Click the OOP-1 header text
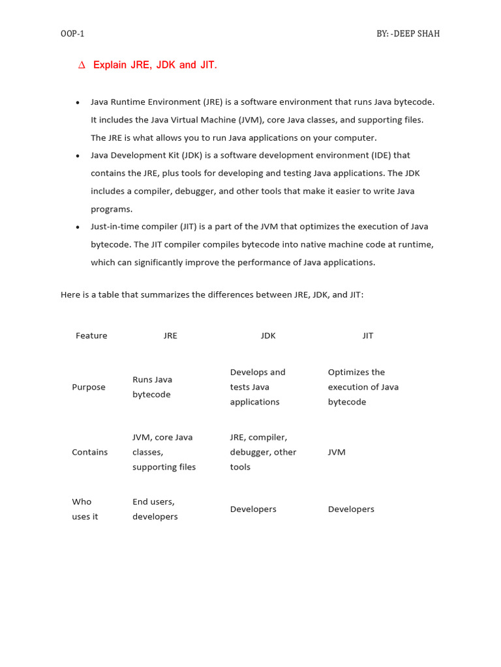[72, 34]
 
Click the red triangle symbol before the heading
[82, 65]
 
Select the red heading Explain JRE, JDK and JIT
[155, 65]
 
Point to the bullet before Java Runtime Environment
[78, 103]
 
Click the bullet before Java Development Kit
[78, 156]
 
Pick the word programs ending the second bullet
[112, 209]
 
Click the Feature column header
[91, 336]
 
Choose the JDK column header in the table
[268, 336]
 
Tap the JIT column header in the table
[368, 336]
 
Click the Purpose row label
[89, 388]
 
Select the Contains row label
[90, 453]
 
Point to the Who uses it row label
[85, 509]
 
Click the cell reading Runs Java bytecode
[152, 388]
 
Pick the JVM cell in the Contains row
[337, 453]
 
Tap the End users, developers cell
[155, 509]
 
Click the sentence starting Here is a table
[212, 295]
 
